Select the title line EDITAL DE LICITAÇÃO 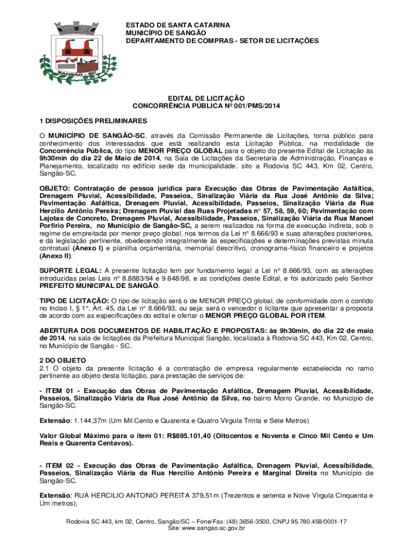(x=206, y=98)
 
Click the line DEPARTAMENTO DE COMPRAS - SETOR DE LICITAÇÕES (x=222, y=40)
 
